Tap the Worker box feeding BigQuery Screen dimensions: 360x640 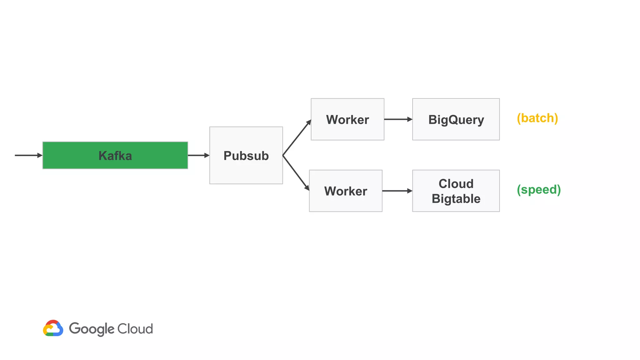347,120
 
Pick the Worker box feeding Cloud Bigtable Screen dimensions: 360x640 345,191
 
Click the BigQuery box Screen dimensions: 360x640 456,120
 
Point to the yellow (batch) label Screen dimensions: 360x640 537,118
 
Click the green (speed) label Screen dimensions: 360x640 538,190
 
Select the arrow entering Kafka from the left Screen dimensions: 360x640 28,155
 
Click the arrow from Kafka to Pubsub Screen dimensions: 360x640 198,155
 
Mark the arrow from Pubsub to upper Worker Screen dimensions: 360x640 297,137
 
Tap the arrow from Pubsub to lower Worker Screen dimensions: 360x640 296,173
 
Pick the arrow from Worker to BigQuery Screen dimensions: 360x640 398,119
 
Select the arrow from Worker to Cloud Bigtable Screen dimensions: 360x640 397,191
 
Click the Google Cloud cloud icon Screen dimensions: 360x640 53,328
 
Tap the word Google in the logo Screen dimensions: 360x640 92,329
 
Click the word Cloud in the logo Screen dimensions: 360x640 135,329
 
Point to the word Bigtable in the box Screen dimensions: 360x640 456,199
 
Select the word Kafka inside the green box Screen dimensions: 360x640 115,156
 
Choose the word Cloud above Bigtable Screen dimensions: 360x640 456,184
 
